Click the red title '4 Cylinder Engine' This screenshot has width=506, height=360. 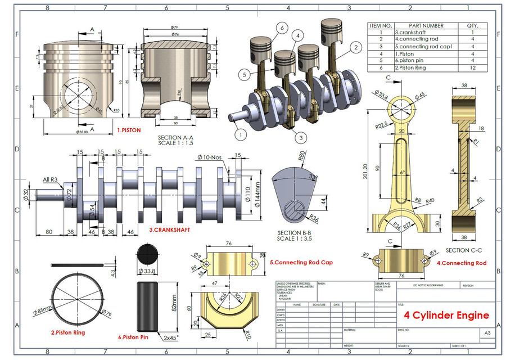point(443,315)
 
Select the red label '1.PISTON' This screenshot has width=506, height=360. point(129,130)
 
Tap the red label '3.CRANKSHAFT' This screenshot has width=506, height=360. point(169,230)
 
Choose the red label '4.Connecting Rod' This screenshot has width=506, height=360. point(462,263)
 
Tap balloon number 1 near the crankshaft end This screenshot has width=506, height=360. point(240,134)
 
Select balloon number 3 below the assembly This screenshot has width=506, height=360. point(301,137)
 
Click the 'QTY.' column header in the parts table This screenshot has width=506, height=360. point(471,26)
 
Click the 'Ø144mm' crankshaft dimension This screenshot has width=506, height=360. point(257,193)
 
